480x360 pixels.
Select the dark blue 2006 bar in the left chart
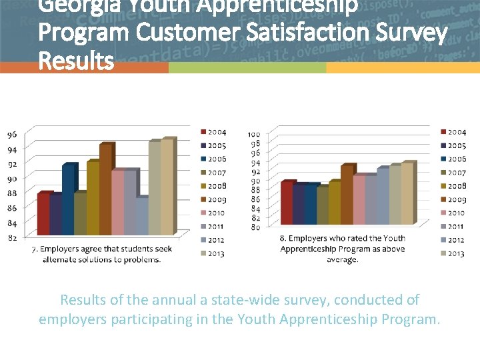point(68,200)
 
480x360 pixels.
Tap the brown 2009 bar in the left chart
point(105,190)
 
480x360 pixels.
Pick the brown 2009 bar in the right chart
point(346,195)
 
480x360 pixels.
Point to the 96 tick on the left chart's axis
point(12,134)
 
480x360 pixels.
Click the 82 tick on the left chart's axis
point(12,237)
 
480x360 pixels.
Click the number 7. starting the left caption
point(35,249)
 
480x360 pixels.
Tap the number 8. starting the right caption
point(283,238)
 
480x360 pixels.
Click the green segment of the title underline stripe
point(247,68)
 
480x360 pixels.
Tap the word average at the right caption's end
point(342,259)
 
